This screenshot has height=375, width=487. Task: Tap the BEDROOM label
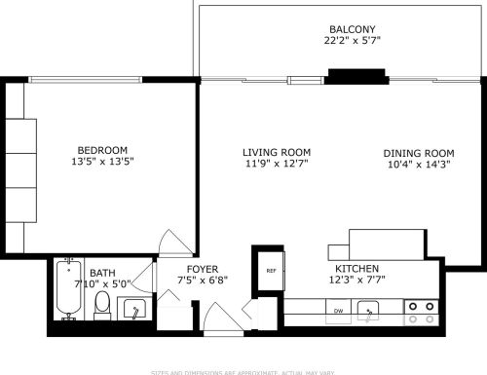[102, 149]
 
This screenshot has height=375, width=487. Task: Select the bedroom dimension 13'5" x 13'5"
[102, 162]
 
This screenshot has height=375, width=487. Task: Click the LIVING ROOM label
[277, 152]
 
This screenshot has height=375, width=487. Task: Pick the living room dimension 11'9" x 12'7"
[277, 165]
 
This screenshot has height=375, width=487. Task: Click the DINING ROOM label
[419, 153]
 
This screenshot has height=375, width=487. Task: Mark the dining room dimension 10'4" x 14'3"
[419, 166]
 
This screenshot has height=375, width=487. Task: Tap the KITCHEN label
[357, 268]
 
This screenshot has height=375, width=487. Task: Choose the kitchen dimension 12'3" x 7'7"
[357, 281]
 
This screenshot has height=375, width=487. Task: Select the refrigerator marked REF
[270, 272]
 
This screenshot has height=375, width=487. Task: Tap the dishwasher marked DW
[338, 311]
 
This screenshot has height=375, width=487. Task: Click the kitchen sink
[368, 312]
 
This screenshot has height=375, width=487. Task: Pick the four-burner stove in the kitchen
[421, 312]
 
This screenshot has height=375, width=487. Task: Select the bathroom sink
[134, 310]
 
